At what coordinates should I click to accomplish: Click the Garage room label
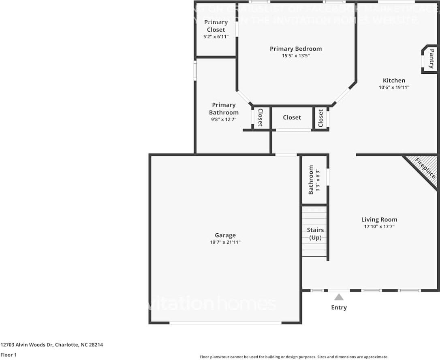(x=225, y=235)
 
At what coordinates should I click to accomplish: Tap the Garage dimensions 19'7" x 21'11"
(x=225, y=242)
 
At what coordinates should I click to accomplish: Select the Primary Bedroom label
(x=296, y=49)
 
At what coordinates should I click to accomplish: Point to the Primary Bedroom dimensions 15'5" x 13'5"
(x=296, y=56)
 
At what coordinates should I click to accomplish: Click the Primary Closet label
(x=216, y=26)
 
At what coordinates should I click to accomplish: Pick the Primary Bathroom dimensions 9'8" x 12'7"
(x=224, y=119)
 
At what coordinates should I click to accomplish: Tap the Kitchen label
(x=394, y=80)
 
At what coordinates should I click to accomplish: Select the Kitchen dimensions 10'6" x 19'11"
(x=394, y=87)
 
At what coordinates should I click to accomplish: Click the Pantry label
(x=431, y=59)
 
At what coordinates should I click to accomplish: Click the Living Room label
(x=379, y=219)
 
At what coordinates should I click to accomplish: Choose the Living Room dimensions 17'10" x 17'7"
(x=379, y=226)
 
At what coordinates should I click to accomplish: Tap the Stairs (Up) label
(x=315, y=234)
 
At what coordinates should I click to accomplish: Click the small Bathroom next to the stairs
(x=314, y=179)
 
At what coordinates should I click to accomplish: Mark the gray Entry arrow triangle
(x=339, y=297)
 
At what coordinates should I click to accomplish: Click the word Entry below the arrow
(x=339, y=307)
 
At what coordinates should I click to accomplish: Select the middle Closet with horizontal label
(x=292, y=117)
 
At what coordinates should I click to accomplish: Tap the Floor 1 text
(x=9, y=355)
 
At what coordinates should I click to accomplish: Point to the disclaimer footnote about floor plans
(x=294, y=357)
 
